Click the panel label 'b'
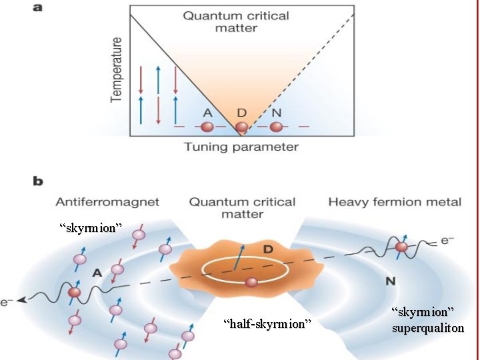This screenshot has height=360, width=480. tap(39, 181)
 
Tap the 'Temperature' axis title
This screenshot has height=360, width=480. tap(116, 69)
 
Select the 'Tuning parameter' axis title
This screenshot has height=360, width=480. tap(241, 147)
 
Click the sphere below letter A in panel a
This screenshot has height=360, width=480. tap(207, 126)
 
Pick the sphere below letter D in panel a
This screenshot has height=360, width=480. tap(241, 126)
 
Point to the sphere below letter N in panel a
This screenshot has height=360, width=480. tap(275, 126)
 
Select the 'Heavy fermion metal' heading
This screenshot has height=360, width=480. tap(395, 201)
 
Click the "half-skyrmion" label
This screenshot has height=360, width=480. tap(267, 324)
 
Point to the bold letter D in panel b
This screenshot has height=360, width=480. tap(267, 249)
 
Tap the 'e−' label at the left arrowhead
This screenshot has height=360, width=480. tap(8, 302)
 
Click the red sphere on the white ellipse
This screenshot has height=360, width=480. tap(251, 283)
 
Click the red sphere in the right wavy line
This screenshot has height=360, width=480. tap(401, 248)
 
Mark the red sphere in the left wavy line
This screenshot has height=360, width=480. tap(75, 292)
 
